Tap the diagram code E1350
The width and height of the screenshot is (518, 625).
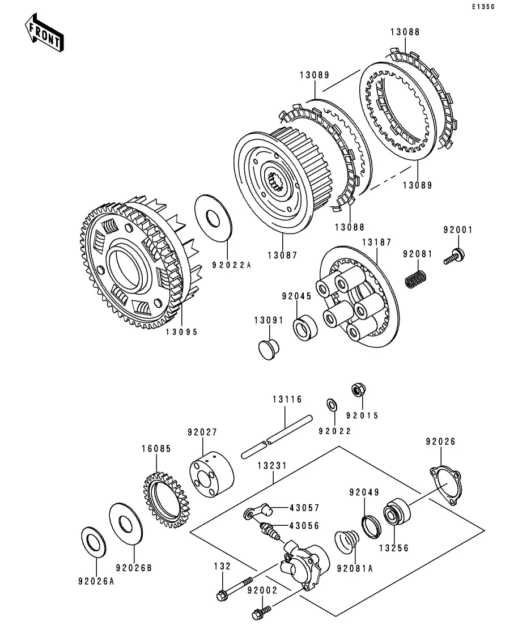tap(483, 7)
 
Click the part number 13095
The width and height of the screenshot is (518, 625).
tap(182, 331)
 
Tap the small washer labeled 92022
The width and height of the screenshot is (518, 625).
tap(332, 404)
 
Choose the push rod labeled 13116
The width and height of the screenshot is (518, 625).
tap(277, 437)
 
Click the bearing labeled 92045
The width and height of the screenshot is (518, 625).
tap(305, 328)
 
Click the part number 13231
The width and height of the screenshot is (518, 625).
tap(273, 466)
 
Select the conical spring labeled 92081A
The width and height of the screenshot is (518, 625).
tap(347, 542)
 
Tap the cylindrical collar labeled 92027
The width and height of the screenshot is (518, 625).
tap(212, 474)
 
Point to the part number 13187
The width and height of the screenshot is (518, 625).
tap(377, 242)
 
